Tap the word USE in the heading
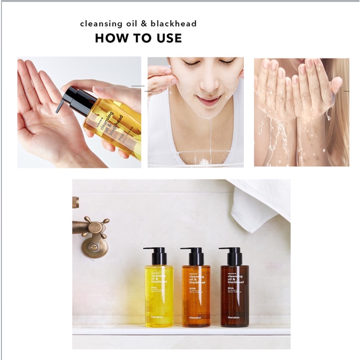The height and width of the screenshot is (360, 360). coord(167,38)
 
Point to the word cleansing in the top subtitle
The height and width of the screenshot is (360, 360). coord(100,23)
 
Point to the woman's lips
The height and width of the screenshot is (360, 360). coord(209,100)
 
